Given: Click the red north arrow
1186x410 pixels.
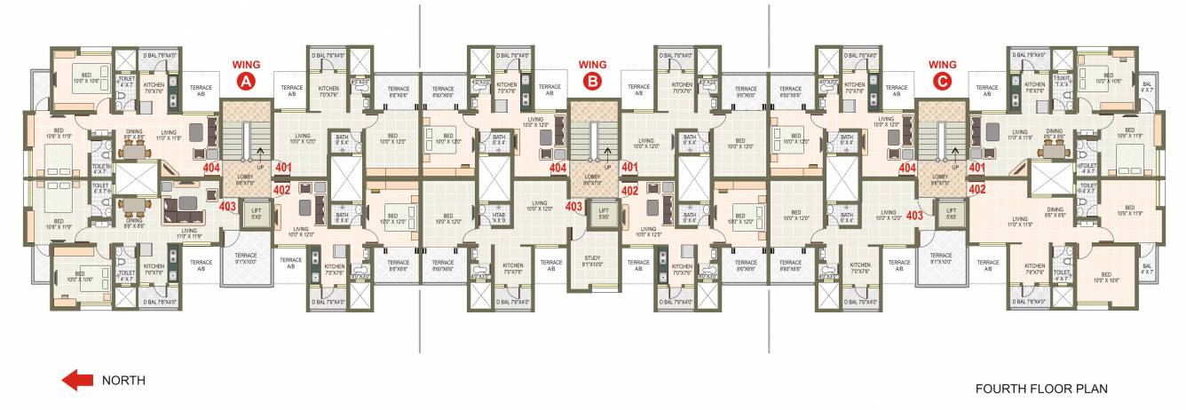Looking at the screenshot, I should pyautogui.click(x=77, y=381).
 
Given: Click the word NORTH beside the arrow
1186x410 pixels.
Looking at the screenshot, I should pyautogui.click(x=124, y=381).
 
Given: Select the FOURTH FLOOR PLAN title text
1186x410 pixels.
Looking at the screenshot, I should pyautogui.click(x=1041, y=389).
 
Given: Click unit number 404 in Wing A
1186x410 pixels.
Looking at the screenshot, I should pyautogui.click(x=211, y=167).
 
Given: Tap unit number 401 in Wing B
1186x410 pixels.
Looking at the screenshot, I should pyautogui.click(x=630, y=167).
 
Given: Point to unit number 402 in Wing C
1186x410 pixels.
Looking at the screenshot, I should pyautogui.click(x=977, y=189).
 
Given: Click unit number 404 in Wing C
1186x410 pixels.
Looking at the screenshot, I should pyautogui.click(x=907, y=167).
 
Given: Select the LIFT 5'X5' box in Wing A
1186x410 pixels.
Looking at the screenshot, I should pyautogui.click(x=255, y=215).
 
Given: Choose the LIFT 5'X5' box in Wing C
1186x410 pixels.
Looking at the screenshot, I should pyautogui.click(x=951, y=215).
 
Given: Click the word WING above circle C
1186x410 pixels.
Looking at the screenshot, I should pyautogui.click(x=942, y=64).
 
